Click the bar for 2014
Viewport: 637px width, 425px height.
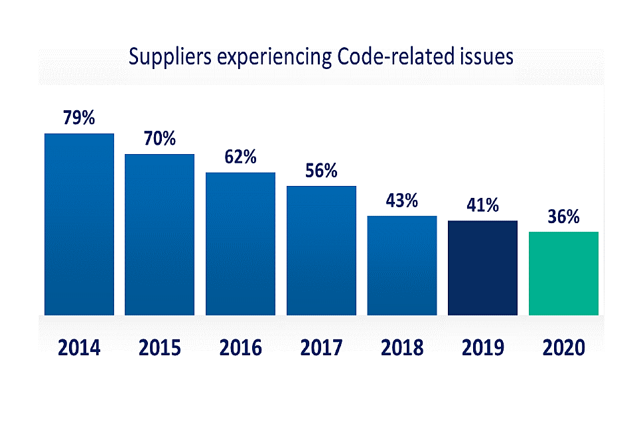(x=79, y=224)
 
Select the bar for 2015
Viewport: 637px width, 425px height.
(x=160, y=234)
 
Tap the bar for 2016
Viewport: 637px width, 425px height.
(x=240, y=244)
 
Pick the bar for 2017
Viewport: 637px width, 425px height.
(x=321, y=250)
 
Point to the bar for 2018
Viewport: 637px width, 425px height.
(x=402, y=266)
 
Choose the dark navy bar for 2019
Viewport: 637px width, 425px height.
(x=482, y=268)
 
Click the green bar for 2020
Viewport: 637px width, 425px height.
(x=563, y=274)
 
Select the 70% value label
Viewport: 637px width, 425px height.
(x=160, y=139)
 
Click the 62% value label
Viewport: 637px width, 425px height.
(x=240, y=157)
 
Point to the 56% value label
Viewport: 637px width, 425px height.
(x=321, y=171)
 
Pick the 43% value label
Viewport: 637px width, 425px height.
(x=402, y=201)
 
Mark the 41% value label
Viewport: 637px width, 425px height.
(x=482, y=205)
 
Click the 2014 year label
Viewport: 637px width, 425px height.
(x=79, y=347)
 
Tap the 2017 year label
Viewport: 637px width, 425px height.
(x=321, y=347)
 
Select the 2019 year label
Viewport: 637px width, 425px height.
(x=482, y=347)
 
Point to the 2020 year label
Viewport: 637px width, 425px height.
(x=563, y=347)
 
